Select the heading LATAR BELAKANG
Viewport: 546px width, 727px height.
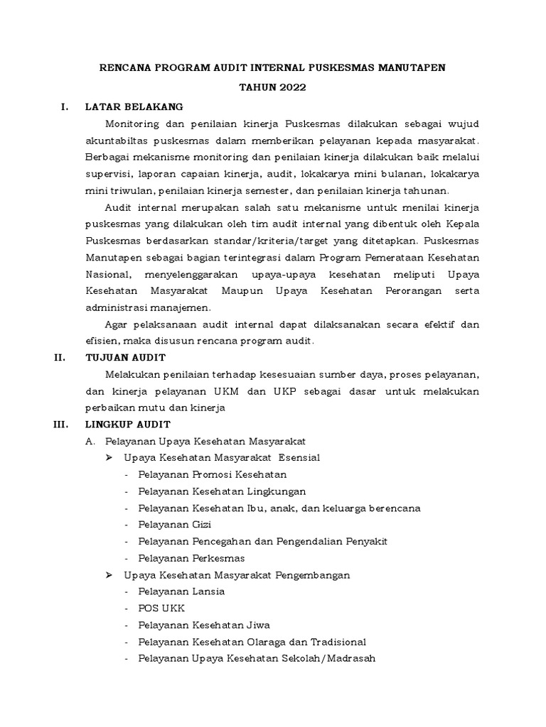coord(134,107)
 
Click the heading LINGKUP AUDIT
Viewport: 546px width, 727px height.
coord(127,425)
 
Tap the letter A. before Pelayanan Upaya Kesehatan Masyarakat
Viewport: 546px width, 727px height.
coord(90,441)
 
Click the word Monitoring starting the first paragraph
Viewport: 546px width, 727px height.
coord(131,124)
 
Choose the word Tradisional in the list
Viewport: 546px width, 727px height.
coord(332,642)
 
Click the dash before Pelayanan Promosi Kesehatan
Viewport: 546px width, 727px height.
coord(127,474)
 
